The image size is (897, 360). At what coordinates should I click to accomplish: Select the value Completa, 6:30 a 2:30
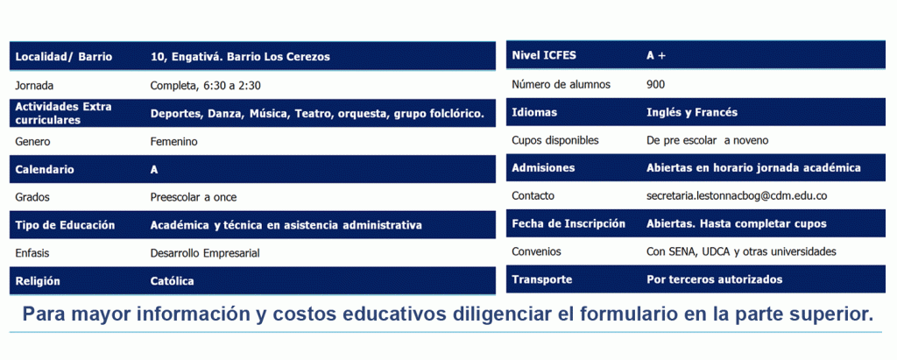[205, 86]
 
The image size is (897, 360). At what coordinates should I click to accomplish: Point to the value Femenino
[174, 141]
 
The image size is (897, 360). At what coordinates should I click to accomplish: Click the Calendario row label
[45, 169]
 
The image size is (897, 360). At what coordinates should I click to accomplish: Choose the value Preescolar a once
[194, 197]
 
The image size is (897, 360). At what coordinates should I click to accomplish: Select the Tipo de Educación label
[65, 225]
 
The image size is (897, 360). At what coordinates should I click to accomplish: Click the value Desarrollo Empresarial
[205, 253]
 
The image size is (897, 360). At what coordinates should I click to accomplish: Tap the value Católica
[172, 281]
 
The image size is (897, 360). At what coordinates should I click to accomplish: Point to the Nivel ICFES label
[544, 55]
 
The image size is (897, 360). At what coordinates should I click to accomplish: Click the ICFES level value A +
[656, 55]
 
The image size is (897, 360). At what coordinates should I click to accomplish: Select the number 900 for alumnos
[655, 85]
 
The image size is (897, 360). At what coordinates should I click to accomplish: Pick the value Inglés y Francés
[692, 112]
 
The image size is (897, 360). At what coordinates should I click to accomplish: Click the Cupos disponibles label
[554, 140]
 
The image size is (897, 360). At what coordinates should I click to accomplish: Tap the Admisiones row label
[543, 168]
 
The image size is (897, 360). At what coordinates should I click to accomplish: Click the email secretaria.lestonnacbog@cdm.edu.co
[737, 195]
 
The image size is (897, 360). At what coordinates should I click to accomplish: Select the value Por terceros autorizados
[715, 280]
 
